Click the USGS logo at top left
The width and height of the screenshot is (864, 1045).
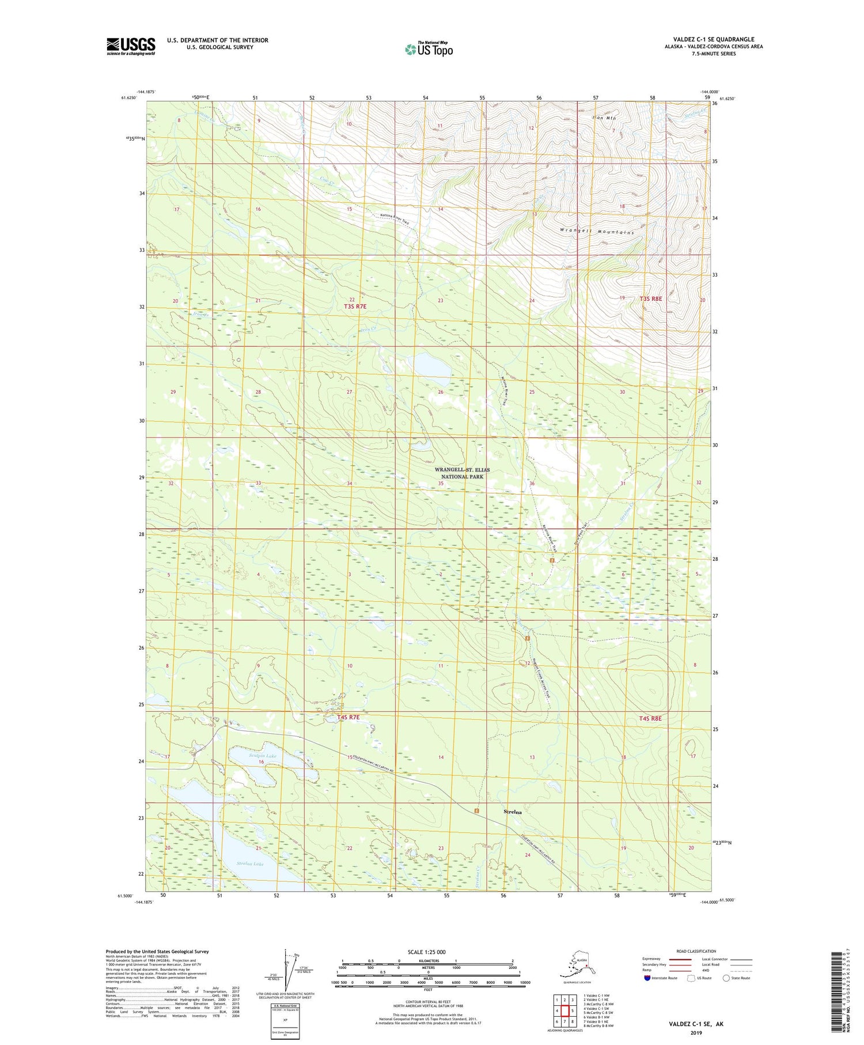tap(130, 46)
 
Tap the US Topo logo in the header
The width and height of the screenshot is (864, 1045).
tap(429, 49)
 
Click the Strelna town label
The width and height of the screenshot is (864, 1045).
tap(512, 812)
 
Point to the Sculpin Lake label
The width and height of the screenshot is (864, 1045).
tap(247, 756)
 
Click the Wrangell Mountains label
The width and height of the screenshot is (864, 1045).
tap(596, 232)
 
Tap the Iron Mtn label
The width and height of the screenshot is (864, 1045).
tap(604, 118)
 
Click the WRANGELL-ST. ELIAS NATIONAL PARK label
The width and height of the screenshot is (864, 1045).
tap(461, 473)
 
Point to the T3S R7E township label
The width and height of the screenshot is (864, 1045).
tap(355, 307)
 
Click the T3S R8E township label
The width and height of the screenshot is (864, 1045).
tap(651, 299)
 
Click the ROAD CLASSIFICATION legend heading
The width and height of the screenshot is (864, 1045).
tap(696, 951)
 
